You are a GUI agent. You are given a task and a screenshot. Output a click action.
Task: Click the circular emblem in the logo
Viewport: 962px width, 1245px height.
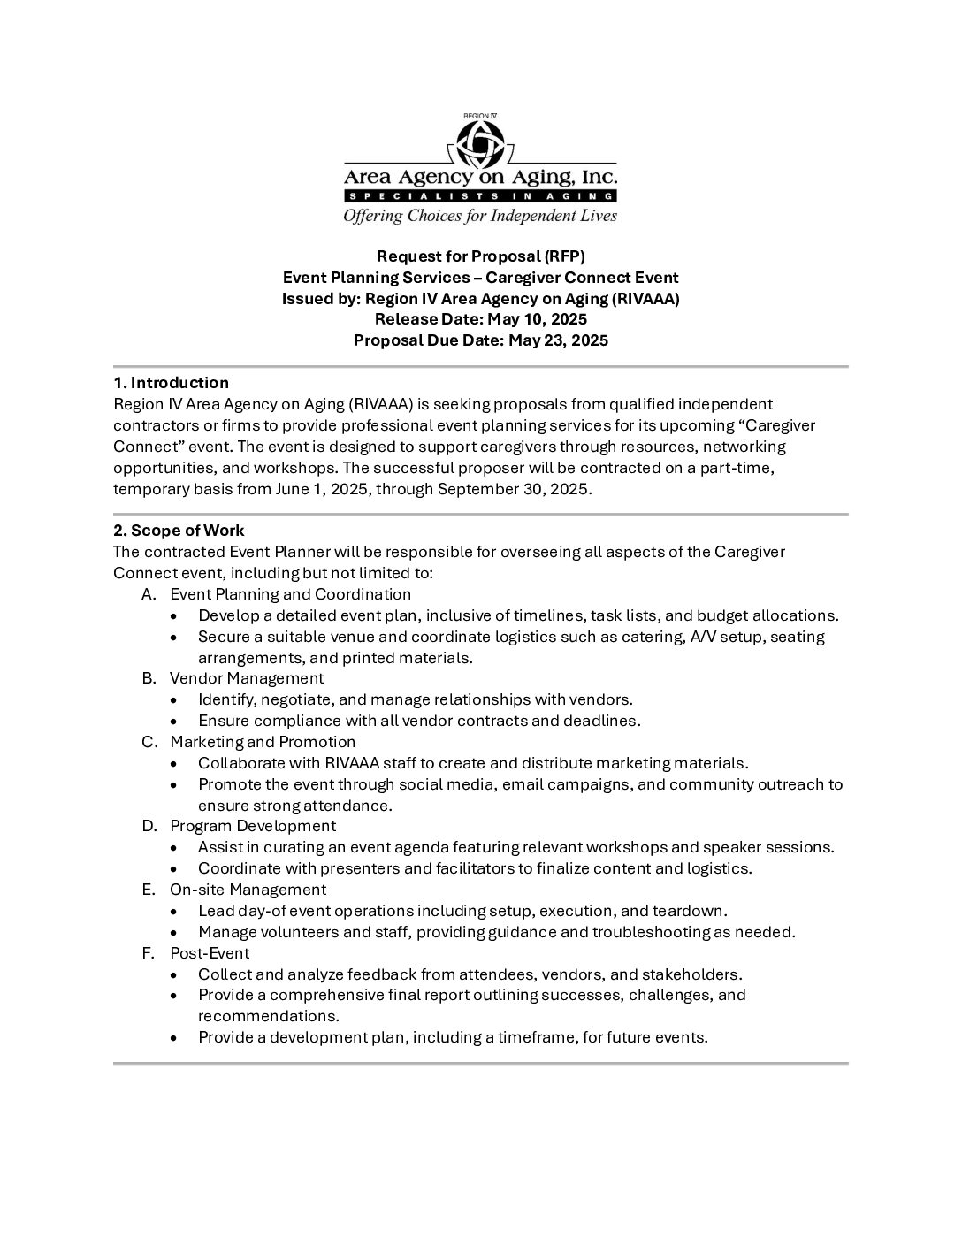(480, 143)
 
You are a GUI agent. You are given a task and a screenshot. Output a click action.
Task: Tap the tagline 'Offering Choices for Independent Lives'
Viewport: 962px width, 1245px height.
(480, 216)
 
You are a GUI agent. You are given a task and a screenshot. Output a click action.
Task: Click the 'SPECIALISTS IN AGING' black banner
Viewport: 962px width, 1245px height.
(480, 196)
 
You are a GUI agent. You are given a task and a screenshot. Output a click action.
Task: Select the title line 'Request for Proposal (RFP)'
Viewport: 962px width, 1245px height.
(480, 256)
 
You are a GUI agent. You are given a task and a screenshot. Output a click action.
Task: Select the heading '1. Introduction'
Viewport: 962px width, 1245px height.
(171, 383)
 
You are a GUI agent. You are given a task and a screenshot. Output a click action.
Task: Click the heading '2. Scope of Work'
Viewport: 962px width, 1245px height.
(179, 531)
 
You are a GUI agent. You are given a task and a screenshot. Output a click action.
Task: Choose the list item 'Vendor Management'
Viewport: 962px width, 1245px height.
(247, 678)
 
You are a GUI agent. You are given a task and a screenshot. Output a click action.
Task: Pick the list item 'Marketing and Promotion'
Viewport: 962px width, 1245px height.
(263, 742)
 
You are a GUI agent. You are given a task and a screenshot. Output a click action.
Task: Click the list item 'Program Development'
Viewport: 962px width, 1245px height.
(253, 826)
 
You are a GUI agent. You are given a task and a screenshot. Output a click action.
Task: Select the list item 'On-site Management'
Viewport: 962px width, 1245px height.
(248, 890)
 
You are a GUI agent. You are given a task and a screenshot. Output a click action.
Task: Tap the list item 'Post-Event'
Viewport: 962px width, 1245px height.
(210, 953)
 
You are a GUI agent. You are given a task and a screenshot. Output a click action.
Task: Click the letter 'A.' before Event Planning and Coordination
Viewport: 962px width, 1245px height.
(149, 594)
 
